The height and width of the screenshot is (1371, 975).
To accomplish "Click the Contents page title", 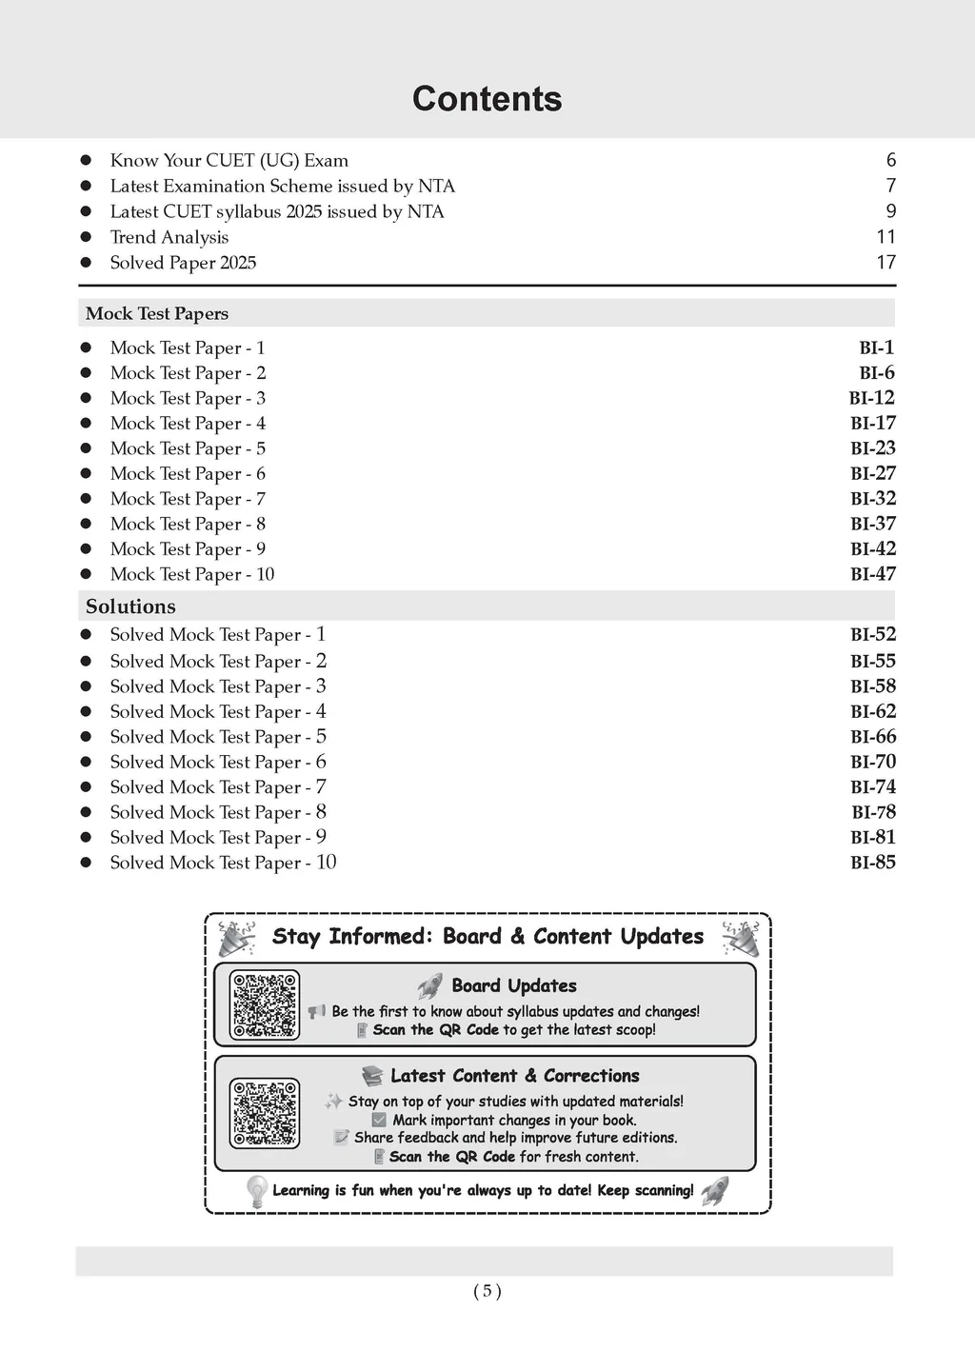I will pos(487,99).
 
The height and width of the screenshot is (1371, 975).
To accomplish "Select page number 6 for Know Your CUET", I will pos(890,160).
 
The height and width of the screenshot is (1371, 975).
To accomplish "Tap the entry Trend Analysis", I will pos(169,237).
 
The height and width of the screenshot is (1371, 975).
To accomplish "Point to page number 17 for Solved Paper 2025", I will pos(885,262).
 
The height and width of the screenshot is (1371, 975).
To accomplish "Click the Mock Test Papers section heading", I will pos(157,313).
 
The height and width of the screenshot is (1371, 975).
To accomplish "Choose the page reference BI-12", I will pos(871,398).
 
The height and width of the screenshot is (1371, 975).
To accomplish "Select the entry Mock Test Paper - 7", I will pos(188,499).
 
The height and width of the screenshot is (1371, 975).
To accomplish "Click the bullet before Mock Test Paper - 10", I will pos(86,574).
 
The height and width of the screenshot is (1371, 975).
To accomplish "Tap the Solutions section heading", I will pos(130,606).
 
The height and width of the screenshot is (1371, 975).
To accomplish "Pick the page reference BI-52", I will pos(872,634).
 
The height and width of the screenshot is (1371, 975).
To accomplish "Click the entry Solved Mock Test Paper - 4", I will pos(218,711).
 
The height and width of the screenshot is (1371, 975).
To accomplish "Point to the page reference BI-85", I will pos(872,863).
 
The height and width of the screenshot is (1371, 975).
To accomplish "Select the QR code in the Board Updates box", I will pos(265,1004).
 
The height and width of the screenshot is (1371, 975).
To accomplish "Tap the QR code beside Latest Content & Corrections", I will pos(265,1113).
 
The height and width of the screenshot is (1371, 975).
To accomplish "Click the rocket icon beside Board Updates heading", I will pos(430,985).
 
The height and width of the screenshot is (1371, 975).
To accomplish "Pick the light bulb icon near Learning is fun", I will pos(256,1191).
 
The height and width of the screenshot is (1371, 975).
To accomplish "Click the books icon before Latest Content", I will pos(372,1076).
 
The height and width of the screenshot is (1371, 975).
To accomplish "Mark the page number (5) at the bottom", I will pos(487,1291).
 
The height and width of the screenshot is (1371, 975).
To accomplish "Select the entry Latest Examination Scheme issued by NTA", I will pos(282,186).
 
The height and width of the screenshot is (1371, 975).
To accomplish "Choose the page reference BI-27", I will pos(872,473).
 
